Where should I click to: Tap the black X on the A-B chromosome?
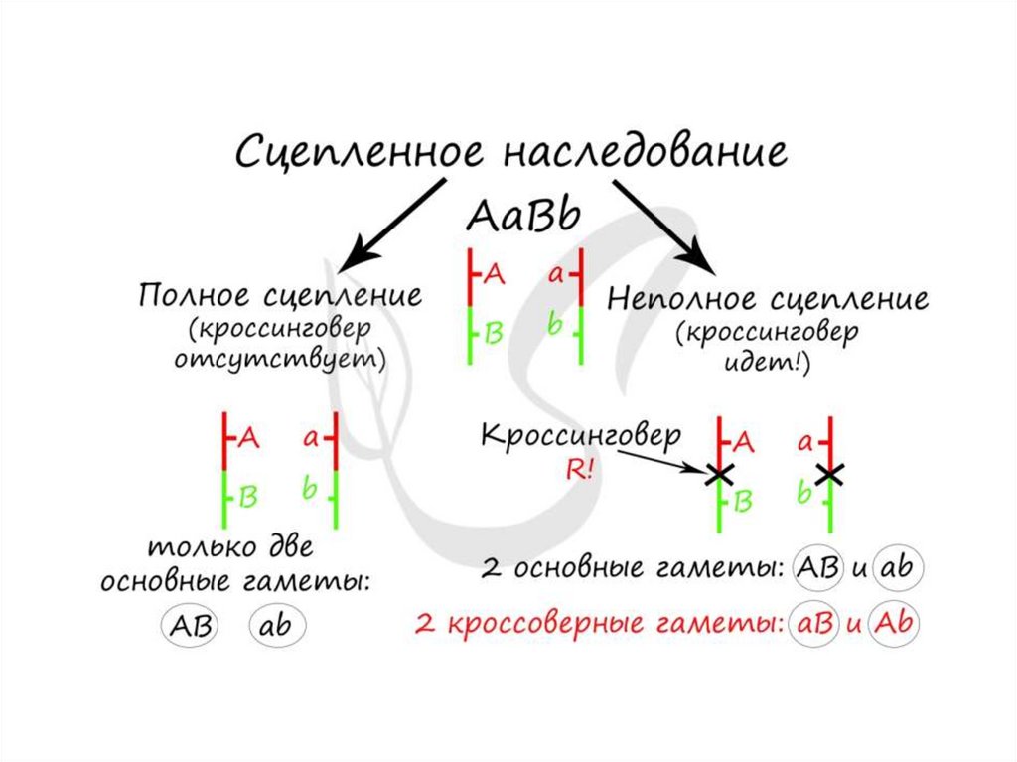click(719, 475)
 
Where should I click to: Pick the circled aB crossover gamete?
click(809, 626)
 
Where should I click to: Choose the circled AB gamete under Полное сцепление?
click(188, 626)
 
